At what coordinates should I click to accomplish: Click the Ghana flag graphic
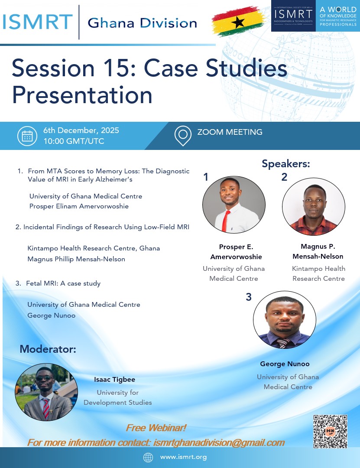click(x=239, y=21)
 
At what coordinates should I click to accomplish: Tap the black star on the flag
click(x=238, y=22)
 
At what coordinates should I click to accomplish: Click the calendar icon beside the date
click(x=27, y=136)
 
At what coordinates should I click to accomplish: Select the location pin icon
click(x=183, y=136)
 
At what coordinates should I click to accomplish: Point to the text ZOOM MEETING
click(x=230, y=132)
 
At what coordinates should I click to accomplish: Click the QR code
click(x=330, y=431)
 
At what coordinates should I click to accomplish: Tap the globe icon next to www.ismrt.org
click(x=148, y=457)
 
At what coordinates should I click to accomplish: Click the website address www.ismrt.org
click(x=183, y=457)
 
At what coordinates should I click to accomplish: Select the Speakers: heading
click(x=286, y=163)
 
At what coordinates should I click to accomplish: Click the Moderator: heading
click(x=48, y=349)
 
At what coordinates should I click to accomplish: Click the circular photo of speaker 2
click(x=314, y=207)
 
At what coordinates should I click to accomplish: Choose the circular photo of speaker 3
click(x=285, y=320)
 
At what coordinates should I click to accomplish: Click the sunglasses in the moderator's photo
click(x=45, y=378)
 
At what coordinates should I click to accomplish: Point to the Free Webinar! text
click(x=156, y=428)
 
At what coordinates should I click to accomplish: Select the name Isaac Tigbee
click(x=115, y=379)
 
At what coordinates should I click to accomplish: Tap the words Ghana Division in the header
click(x=143, y=23)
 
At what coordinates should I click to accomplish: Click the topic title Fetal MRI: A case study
click(x=63, y=283)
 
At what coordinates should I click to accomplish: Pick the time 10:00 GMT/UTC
click(x=74, y=141)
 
